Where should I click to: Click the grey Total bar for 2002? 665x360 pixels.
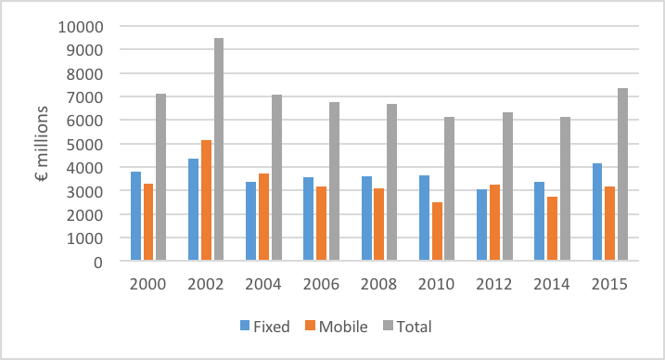click(218, 149)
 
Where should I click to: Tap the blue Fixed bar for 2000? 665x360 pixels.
click(135, 216)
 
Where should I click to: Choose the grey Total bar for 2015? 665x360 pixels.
click(622, 174)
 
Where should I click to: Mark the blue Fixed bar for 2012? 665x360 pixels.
click(481, 225)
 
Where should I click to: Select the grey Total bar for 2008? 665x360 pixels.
click(391, 183)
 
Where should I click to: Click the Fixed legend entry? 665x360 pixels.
click(268, 326)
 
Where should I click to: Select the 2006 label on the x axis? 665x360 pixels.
click(321, 285)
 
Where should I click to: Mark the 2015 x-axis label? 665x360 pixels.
click(609, 285)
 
